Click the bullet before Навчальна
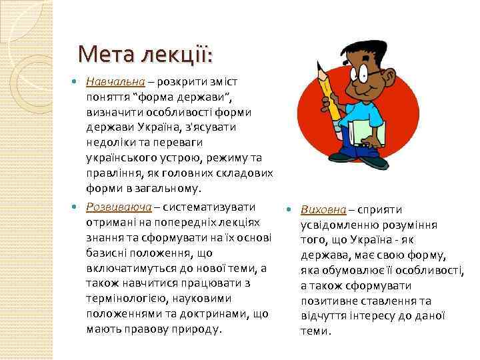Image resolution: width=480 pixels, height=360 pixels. [x=75, y=82]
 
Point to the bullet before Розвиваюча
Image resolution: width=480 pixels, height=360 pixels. [x=75, y=206]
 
